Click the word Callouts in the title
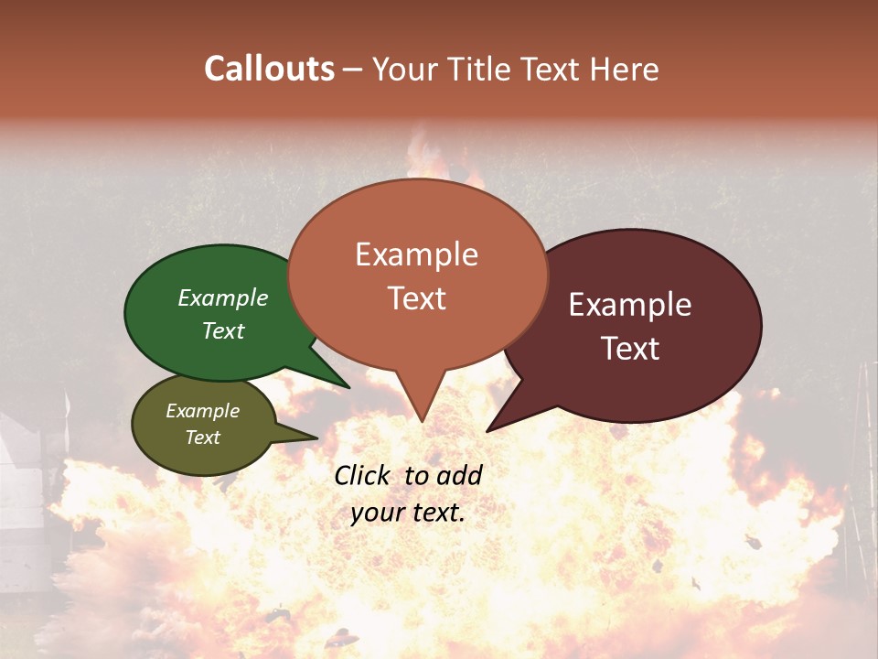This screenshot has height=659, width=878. pos(269,69)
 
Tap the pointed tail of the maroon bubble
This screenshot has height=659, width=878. pos(489,429)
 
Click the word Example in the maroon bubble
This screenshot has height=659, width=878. pos(630,305)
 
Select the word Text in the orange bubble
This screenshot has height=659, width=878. pos(417,297)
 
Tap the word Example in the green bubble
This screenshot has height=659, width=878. pos(223,298)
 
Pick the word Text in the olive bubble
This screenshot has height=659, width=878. pos(203,438)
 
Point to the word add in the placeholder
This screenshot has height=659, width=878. pos(458,475)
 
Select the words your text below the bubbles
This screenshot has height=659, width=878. pos(408,513)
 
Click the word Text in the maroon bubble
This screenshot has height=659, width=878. pos(630,349)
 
